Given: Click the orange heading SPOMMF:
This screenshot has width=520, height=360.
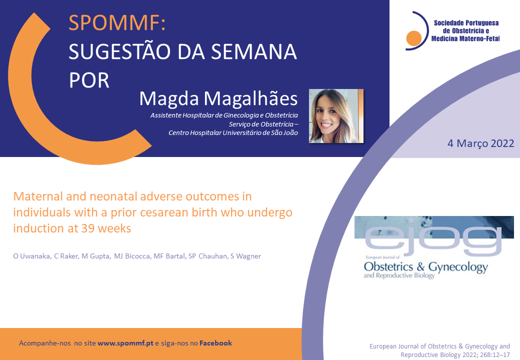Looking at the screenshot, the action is (117, 22).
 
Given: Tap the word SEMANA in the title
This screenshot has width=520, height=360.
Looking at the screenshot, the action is (254, 51).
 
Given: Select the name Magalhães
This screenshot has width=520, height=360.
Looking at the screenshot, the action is (250, 99).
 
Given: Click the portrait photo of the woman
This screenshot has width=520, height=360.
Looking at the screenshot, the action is (336, 116).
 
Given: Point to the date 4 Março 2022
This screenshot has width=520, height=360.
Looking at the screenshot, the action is (481, 143).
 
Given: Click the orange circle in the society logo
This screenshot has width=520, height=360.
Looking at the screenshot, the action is (414, 38).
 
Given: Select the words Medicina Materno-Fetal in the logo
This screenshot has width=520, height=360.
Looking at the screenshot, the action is (465, 39).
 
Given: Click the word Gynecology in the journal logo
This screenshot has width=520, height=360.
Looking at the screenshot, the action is (458, 267).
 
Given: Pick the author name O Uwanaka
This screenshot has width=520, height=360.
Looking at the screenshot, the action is (32, 256).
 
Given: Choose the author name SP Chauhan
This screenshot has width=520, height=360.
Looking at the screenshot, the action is (208, 256).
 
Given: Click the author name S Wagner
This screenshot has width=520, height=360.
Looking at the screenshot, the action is (245, 256).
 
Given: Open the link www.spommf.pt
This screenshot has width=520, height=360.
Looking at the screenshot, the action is (125, 343).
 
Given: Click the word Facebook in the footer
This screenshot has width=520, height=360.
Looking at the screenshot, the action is (215, 343).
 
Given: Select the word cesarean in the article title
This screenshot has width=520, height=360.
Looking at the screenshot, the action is (165, 212).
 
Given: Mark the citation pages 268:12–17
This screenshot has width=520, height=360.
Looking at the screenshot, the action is (494, 355).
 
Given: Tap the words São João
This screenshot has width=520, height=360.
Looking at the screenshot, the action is (284, 133).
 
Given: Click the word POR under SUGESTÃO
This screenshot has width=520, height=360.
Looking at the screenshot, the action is (89, 80).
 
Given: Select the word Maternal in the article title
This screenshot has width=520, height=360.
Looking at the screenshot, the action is (38, 196).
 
